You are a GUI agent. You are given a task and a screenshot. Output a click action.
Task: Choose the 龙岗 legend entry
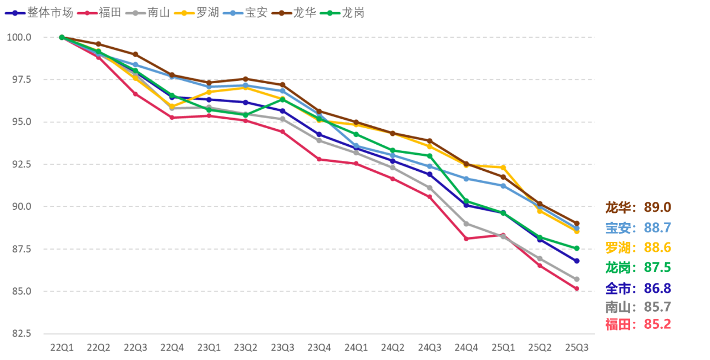[x=347, y=12]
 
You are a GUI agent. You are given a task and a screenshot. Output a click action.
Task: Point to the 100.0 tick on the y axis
[x=19, y=37]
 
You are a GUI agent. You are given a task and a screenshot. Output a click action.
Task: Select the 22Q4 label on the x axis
[x=172, y=347]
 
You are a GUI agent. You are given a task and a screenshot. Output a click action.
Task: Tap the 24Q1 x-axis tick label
[x=356, y=347]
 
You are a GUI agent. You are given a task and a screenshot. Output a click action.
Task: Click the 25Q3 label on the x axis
[x=576, y=347]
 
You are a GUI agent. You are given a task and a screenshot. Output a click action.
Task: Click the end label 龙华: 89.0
[x=638, y=207]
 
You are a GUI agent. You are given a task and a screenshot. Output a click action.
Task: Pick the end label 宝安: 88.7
[x=638, y=227]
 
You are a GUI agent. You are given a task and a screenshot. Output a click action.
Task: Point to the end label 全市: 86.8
[x=638, y=288]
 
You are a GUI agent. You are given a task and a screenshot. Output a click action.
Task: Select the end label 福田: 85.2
[x=638, y=324]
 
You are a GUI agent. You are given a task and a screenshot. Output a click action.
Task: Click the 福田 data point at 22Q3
[x=135, y=94]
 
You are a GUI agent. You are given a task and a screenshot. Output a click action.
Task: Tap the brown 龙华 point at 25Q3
[x=576, y=224]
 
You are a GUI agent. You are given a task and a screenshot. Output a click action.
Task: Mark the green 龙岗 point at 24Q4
[x=466, y=201]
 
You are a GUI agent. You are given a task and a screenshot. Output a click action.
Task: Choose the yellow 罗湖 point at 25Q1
[x=503, y=168]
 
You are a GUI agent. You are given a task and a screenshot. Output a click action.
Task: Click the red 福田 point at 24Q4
[x=466, y=239]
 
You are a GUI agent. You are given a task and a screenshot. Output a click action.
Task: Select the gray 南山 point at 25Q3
[x=576, y=279]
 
